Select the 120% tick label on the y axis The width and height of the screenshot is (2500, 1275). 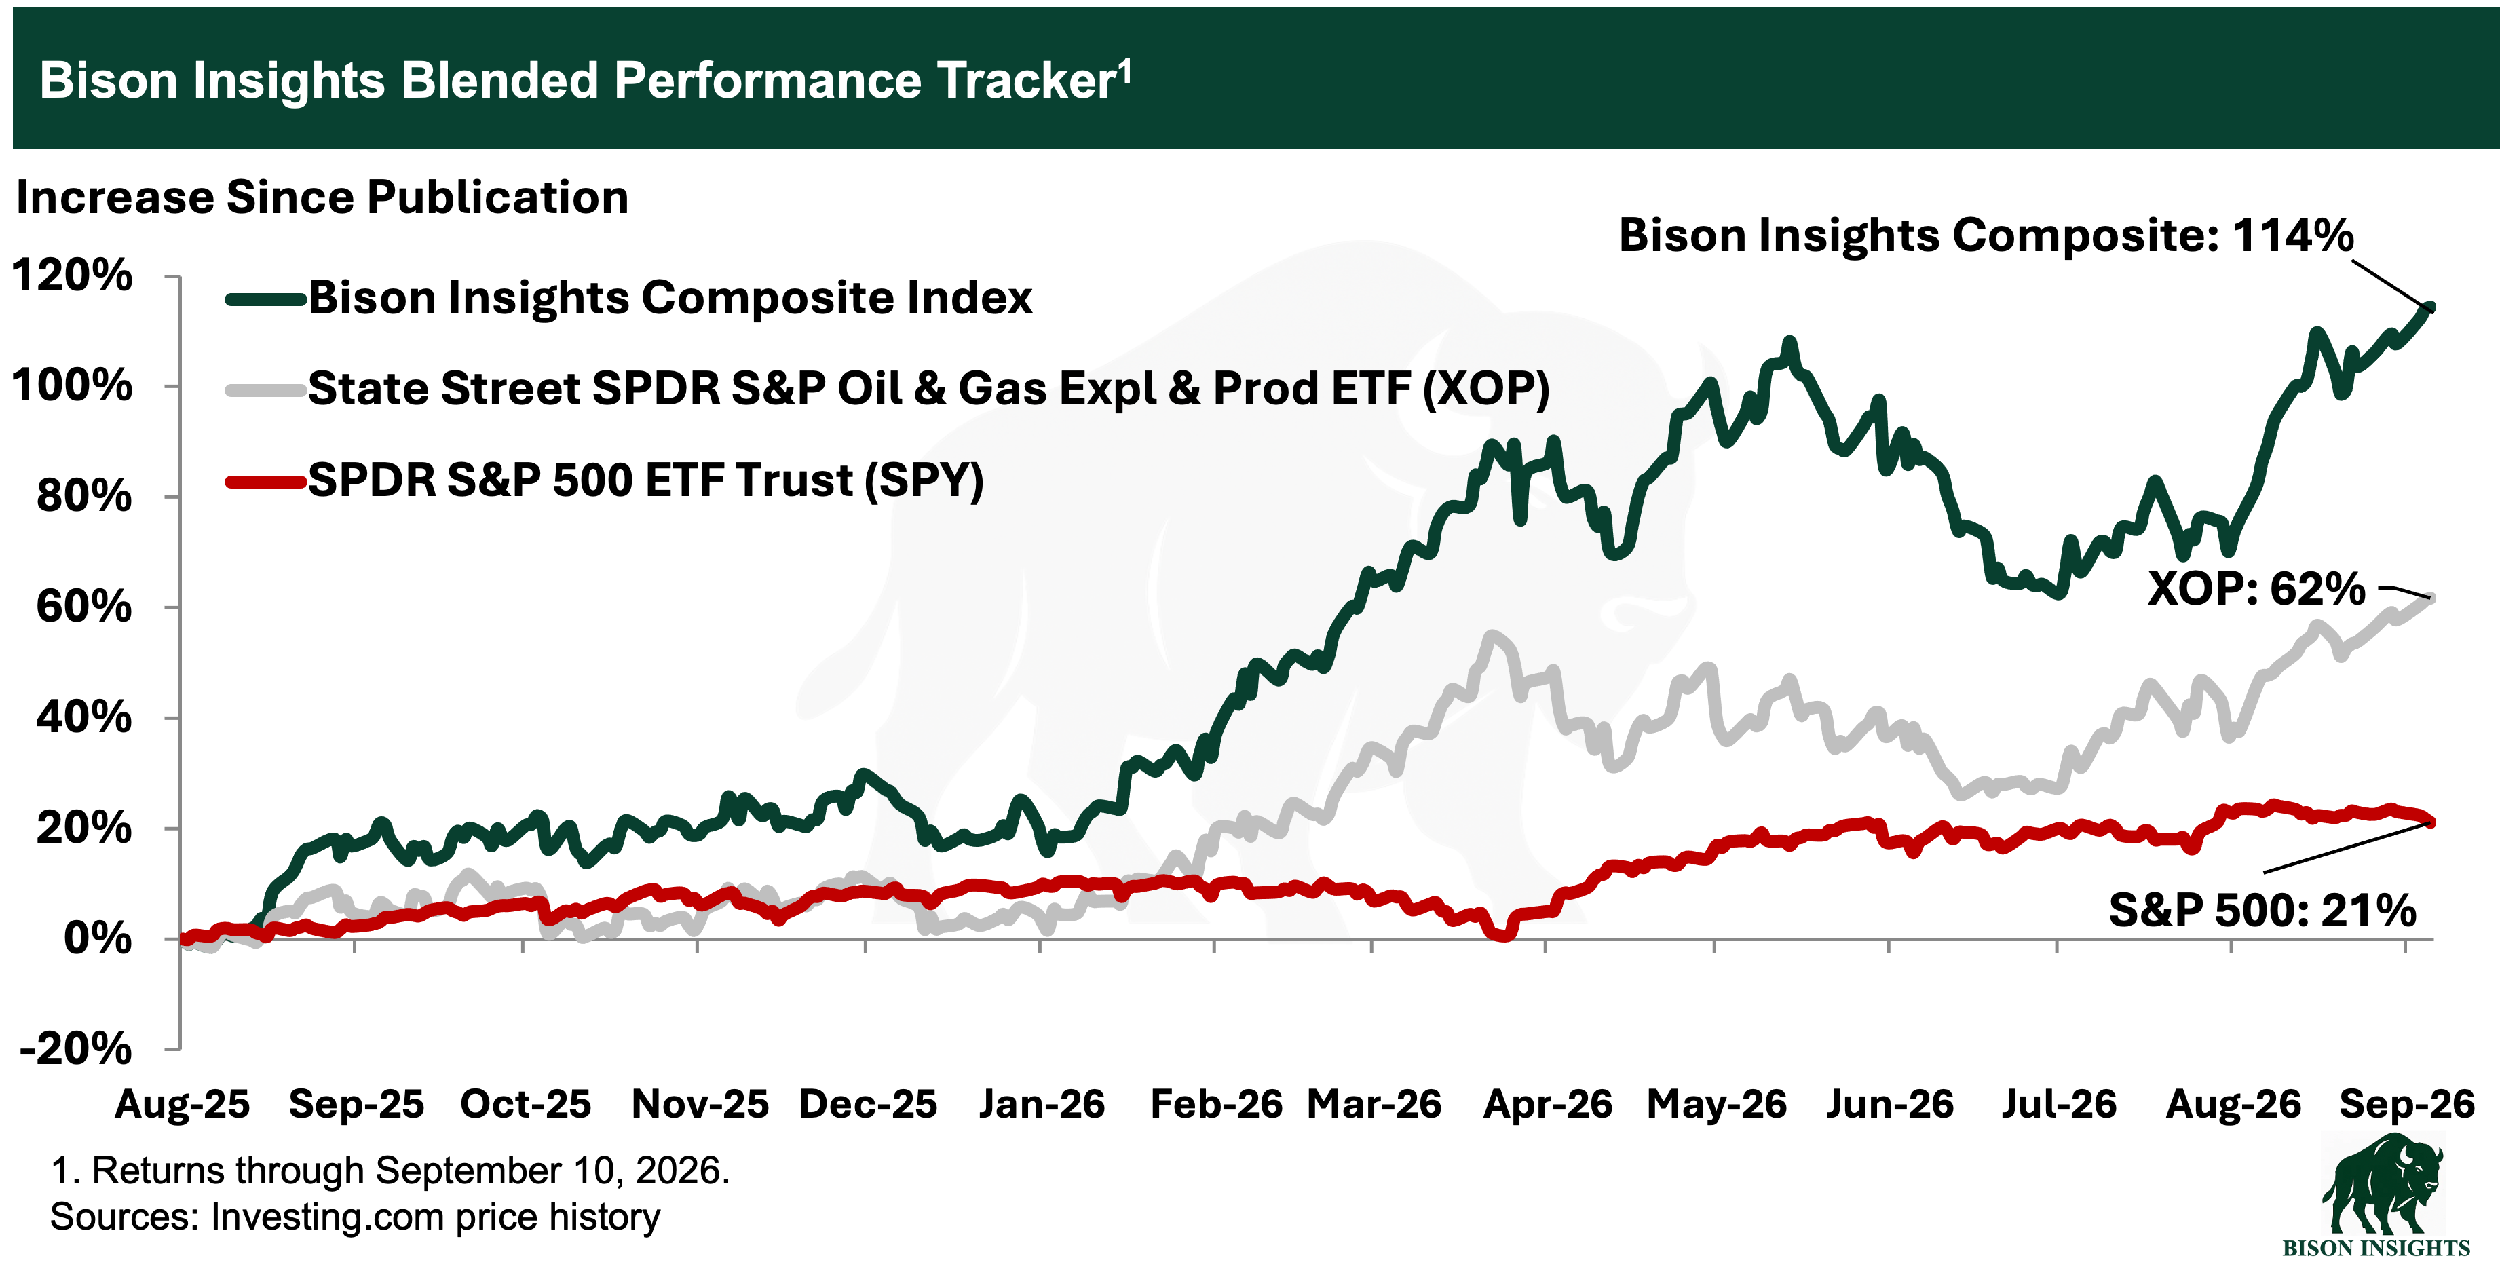click(72, 275)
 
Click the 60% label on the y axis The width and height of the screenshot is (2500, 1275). click(83, 607)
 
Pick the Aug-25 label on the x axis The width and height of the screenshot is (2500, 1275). click(183, 1104)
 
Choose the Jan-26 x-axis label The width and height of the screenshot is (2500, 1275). click(1042, 1104)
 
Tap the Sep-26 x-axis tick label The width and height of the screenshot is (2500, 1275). click(2407, 1104)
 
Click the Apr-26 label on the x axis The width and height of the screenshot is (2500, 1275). click(1548, 1104)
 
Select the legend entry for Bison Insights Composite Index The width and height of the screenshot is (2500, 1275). click(670, 297)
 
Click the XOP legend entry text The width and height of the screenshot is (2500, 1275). click(929, 388)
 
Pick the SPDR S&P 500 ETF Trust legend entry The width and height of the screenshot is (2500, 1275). click(645, 479)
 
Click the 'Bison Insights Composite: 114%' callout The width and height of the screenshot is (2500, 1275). click(1986, 235)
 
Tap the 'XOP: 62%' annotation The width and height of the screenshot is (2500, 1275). click(2256, 588)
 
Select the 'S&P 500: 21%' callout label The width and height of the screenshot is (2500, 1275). click(2262, 910)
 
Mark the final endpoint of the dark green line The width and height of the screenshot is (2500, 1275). click(2430, 307)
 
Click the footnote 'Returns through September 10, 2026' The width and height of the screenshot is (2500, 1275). click(390, 1171)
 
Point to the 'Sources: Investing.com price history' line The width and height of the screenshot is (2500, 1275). click(355, 1217)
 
